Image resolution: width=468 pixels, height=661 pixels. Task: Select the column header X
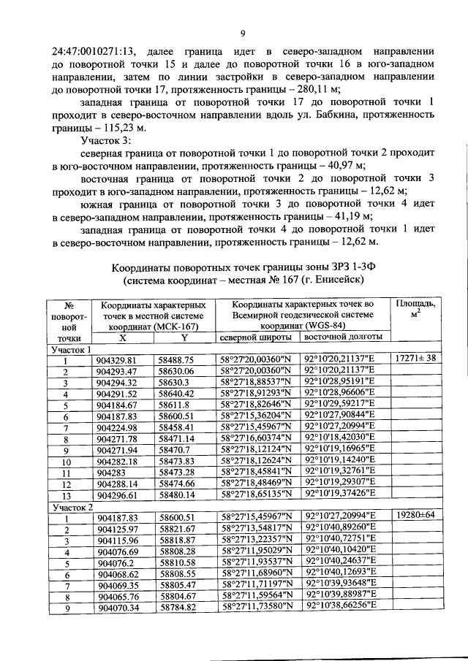coord(122,338)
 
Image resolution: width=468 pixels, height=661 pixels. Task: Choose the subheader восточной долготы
coord(343,338)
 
